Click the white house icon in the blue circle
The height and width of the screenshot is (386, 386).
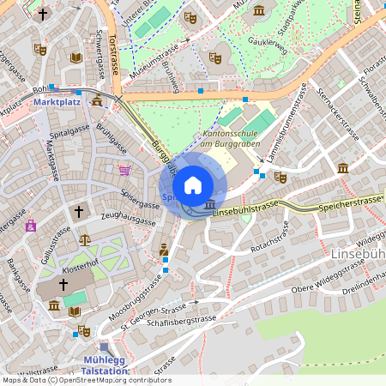pos(193,185)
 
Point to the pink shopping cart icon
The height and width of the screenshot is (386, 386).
pos(125,171)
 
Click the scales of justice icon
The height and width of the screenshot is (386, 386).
pos(84,239)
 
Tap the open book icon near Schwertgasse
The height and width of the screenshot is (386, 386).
pos(75,57)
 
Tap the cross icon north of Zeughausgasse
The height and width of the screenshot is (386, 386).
pos(79,210)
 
